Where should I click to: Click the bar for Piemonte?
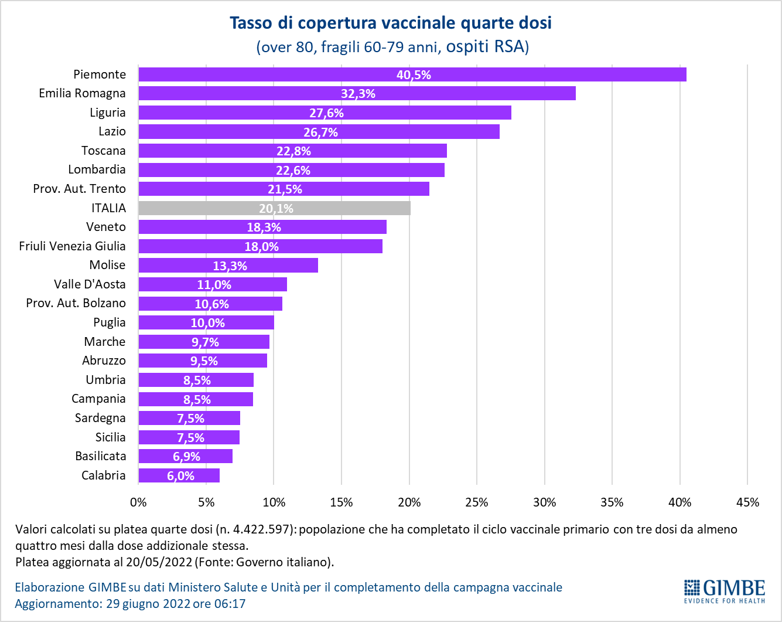tap(412, 74)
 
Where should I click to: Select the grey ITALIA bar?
tap(274, 208)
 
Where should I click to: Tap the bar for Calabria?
tap(179, 475)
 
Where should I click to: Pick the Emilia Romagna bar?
tap(357, 93)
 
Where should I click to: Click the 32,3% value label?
tap(358, 94)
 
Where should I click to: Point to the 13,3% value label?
tap(230, 266)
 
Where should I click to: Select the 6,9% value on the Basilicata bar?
tap(186, 456)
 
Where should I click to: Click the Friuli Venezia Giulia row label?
tap(72, 246)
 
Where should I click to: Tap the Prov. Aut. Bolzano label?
tap(76, 303)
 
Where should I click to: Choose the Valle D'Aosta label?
tap(90, 284)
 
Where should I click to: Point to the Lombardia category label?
tap(97, 169)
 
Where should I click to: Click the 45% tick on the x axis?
tap(747, 502)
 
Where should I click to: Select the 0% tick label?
tap(138, 502)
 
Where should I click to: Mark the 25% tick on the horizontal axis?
tap(476, 502)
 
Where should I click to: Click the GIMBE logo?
tap(725, 591)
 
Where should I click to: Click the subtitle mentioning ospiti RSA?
tap(392, 46)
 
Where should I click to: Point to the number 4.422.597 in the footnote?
tap(261, 529)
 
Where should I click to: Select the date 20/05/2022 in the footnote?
tap(163, 562)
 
